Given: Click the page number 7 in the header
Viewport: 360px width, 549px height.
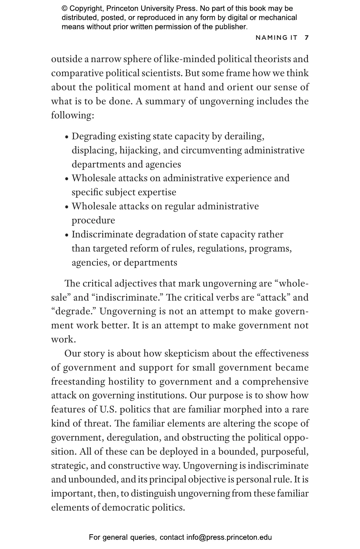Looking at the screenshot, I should (x=307, y=38).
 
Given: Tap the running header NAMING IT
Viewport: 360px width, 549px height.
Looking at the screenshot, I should (x=276, y=38).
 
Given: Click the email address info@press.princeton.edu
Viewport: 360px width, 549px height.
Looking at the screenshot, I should (x=229, y=537).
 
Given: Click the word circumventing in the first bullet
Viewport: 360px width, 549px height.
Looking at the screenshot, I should (x=212, y=150).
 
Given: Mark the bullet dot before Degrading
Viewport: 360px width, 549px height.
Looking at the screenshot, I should (x=67, y=137).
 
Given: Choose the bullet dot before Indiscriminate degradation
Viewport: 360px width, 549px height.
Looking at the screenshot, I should (x=67, y=235).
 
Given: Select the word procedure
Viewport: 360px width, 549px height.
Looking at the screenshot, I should (x=93, y=220).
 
